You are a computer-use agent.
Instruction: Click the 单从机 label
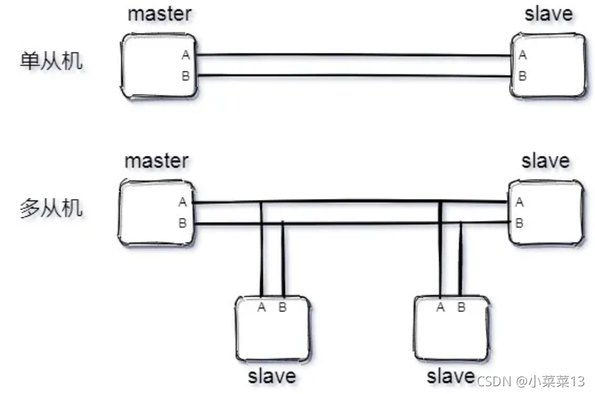coord(51,61)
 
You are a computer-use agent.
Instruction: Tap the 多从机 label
coord(51,208)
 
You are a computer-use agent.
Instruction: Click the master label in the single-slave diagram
coord(159,15)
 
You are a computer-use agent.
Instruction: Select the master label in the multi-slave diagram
coord(156,161)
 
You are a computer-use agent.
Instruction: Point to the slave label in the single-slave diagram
coord(548,14)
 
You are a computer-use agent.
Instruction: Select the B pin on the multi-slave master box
coord(182,224)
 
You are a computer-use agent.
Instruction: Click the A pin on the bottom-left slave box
coord(262,307)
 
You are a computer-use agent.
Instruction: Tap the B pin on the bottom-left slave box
coord(282,307)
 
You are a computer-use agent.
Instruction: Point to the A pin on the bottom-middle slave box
coord(441,307)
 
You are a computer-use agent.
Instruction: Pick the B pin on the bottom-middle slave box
coord(461,307)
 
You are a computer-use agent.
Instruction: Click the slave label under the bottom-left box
coord(272,376)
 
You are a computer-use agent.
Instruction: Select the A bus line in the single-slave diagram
coord(354,55)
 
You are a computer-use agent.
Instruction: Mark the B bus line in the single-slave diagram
coord(354,74)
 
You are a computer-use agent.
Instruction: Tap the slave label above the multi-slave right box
coord(545,161)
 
